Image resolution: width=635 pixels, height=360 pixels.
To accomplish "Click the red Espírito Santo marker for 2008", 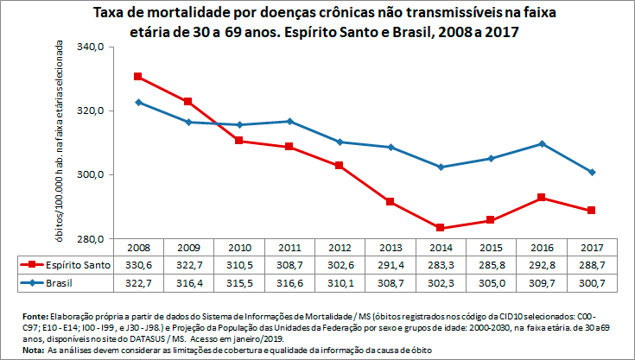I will (138, 77).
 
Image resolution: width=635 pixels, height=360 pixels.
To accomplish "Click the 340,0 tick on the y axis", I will (90, 47).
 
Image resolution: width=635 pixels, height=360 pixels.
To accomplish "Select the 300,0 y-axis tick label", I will (90, 175).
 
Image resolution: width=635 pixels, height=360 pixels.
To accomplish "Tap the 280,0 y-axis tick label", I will (90, 239).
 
